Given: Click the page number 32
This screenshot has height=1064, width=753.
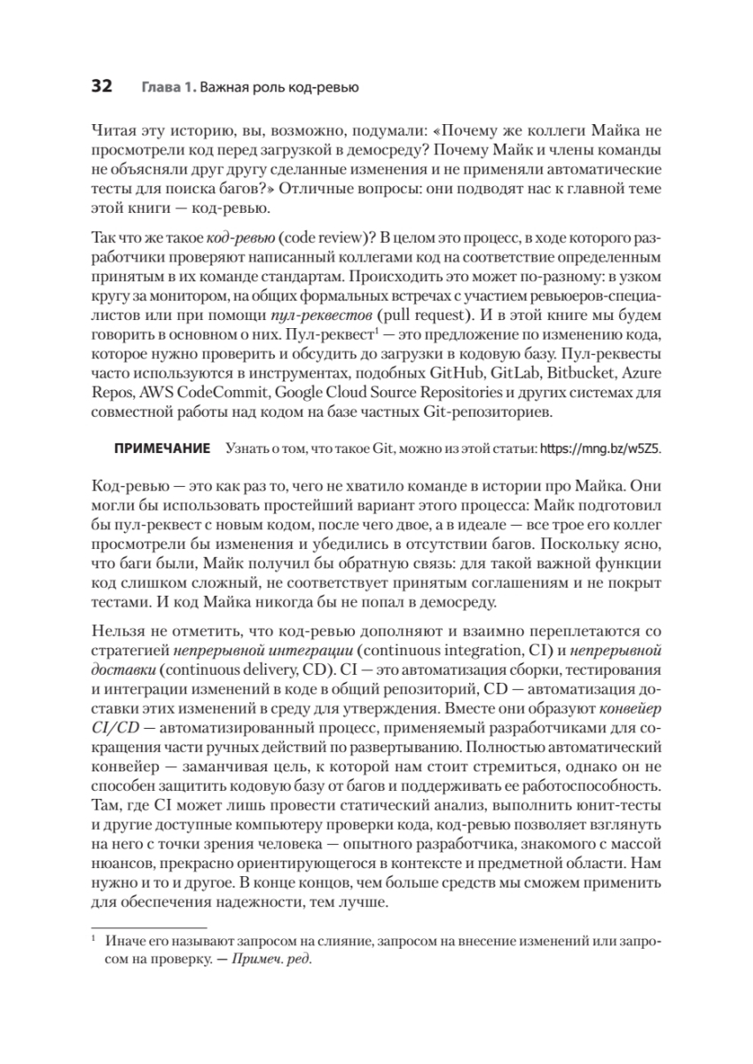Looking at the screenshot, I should tap(101, 86).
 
